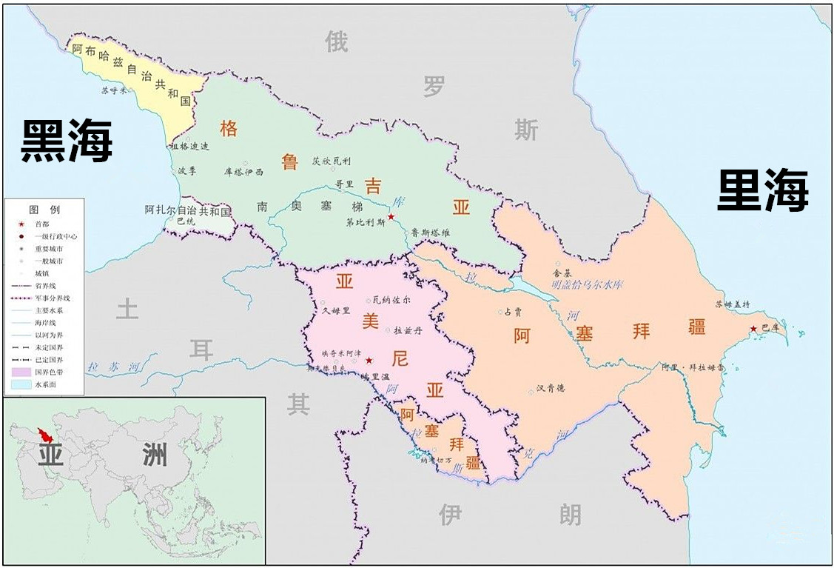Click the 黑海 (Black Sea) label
(x=66, y=141)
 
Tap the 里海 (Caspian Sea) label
(x=763, y=190)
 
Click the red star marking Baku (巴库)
(x=753, y=329)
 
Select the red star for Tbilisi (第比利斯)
(x=391, y=217)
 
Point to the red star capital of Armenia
(x=369, y=360)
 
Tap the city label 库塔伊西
(x=243, y=171)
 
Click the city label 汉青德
(x=551, y=389)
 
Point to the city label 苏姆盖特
(x=732, y=304)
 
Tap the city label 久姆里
(x=335, y=312)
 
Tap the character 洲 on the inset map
(x=155, y=454)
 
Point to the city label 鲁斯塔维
(x=431, y=233)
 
